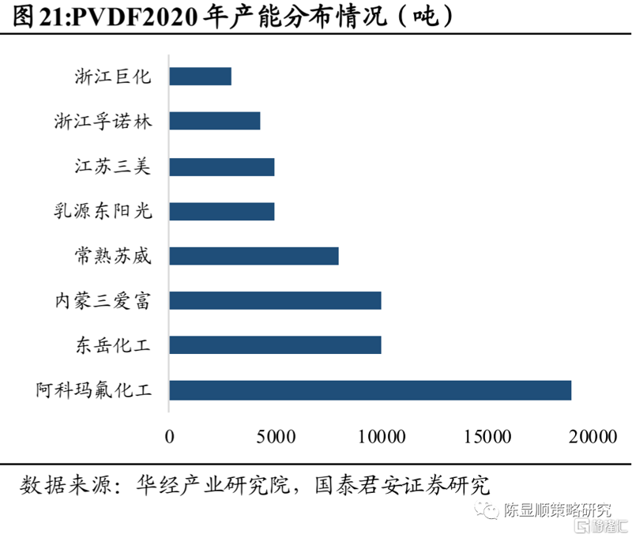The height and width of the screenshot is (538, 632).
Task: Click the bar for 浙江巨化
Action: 201,76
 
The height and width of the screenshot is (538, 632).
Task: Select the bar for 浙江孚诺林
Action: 215,121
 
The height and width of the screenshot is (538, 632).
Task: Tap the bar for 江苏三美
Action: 222,167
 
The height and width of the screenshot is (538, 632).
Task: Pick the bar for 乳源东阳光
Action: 222,212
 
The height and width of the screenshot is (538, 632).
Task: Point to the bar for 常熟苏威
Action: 254,256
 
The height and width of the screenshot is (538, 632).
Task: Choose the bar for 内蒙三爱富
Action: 275,301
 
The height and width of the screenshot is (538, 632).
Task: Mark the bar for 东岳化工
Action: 275,345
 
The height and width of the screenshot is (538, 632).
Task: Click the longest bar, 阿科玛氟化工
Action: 371,390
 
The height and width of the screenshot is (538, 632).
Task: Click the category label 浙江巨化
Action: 113,76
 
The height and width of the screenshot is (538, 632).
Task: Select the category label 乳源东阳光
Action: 103,211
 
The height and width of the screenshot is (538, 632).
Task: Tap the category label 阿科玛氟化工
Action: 94,389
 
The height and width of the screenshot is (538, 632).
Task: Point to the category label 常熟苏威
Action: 113,256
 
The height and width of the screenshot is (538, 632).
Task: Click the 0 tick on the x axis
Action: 170,436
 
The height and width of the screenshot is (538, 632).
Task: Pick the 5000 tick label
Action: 276,436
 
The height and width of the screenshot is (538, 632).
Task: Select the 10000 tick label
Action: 382,436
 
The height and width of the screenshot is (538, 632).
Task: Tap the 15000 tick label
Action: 487,436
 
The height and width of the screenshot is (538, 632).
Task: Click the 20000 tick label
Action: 593,436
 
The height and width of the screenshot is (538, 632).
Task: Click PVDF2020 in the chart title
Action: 135,17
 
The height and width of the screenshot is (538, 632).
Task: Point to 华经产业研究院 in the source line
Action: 213,485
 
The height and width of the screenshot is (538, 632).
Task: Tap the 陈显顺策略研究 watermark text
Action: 558,510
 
